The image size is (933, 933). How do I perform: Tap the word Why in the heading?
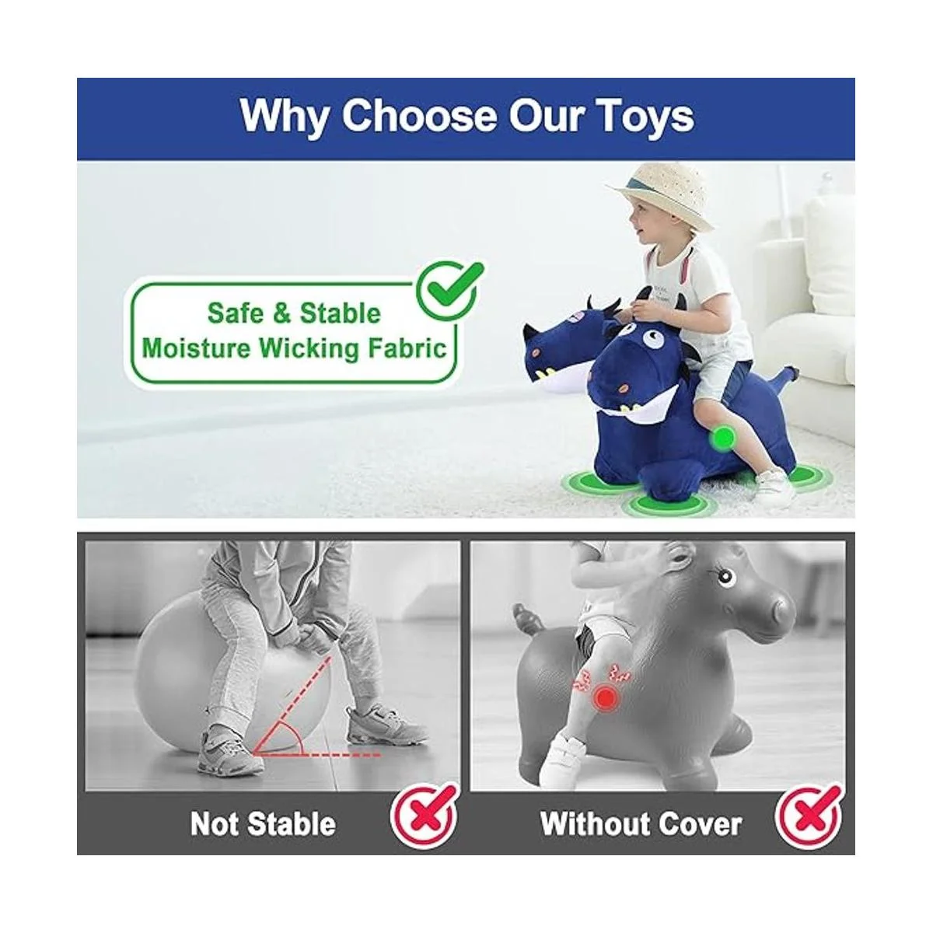[x=282, y=117]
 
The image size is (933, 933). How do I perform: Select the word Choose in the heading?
[x=418, y=117]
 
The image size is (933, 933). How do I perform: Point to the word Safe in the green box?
[x=236, y=313]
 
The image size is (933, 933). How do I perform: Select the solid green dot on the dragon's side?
[x=725, y=437]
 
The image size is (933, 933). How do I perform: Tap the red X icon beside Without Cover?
[x=809, y=817]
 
